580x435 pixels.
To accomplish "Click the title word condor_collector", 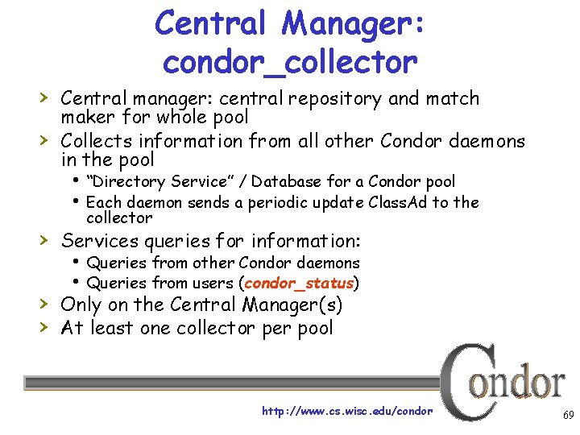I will coord(290,60).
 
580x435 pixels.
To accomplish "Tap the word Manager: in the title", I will coord(353,23).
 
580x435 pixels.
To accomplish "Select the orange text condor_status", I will coord(299,284).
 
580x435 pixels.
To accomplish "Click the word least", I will coord(118,328).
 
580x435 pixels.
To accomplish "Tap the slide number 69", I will coord(568,416).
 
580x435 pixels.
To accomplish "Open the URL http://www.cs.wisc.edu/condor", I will coord(347,411).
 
